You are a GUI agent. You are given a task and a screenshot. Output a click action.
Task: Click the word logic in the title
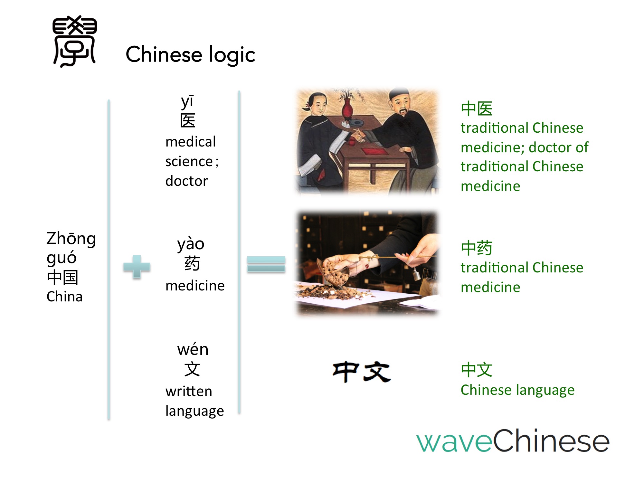(x=232, y=55)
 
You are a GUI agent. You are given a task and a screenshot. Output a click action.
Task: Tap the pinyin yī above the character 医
(x=187, y=101)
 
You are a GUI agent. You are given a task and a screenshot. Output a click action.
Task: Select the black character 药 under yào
(x=192, y=263)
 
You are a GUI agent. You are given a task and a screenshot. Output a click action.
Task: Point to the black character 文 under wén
(x=192, y=369)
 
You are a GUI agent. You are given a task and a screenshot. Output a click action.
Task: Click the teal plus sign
(x=137, y=267)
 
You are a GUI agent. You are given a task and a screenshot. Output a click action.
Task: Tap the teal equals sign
(x=266, y=264)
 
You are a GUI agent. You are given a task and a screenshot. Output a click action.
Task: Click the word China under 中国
(x=64, y=297)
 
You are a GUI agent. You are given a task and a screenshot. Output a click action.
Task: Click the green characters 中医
(x=477, y=109)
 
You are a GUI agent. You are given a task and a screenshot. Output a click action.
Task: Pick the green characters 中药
(x=477, y=248)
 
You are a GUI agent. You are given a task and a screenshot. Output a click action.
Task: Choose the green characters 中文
(x=477, y=369)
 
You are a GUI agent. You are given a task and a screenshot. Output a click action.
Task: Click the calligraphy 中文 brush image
(x=362, y=372)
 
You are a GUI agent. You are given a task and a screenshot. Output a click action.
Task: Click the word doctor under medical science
(x=186, y=181)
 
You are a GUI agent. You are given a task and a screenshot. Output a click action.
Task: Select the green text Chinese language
(x=517, y=390)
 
